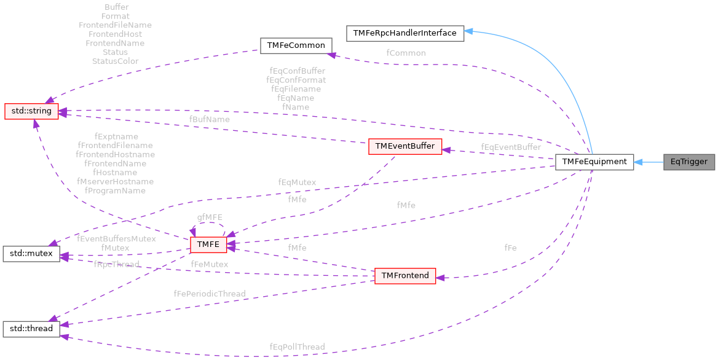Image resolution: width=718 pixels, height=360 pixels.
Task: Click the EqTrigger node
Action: click(x=689, y=162)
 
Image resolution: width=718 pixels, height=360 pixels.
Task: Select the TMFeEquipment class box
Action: click(x=594, y=162)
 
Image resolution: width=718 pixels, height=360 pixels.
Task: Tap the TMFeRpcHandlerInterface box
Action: click(x=404, y=33)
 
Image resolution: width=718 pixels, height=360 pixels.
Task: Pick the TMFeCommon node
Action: click(x=296, y=46)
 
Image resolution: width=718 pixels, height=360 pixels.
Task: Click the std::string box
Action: click(x=31, y=111)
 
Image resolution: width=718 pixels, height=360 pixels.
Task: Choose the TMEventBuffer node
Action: click(x=404, y=146)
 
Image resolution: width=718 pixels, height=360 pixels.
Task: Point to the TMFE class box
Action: click(x=208, y=245)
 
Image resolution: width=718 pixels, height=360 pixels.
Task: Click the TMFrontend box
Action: click(x=405, y=276)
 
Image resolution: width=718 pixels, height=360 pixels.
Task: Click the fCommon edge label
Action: click(x=406, y=53)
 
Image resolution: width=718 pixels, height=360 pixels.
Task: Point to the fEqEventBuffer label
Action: click(x=511, y=147)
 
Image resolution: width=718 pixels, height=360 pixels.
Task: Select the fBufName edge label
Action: click(x=209, y=119)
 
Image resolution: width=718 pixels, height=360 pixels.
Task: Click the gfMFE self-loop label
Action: click(x=210, y=217)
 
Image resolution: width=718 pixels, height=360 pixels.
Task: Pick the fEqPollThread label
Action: click(x=297, y=347)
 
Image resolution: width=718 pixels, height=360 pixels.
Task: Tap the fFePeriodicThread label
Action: click(x=209, y=294)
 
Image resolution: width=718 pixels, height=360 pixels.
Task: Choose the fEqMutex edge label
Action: click(x=297, y=182)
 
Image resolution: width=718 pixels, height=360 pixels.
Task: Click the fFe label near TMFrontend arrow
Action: click(x=510, y=248)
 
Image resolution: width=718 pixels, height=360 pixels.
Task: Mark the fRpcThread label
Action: click(x=117, y=264)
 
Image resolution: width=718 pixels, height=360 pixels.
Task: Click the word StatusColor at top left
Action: click(x=115, y=61)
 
